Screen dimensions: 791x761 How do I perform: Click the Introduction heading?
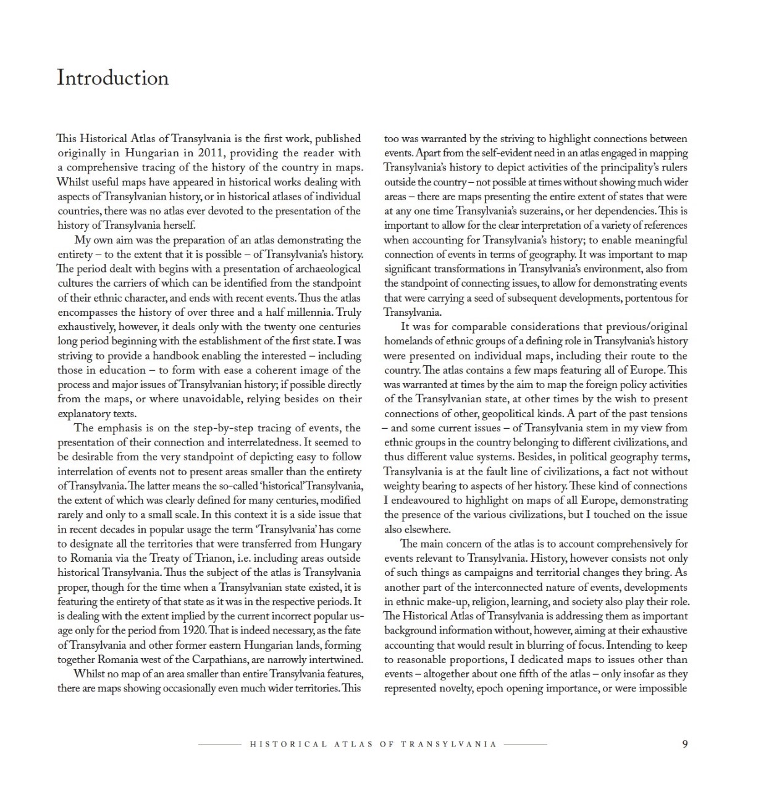pos(112,78)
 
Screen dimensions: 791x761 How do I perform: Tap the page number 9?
pos(684,744)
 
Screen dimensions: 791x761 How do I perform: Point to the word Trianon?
pos(212,558)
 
